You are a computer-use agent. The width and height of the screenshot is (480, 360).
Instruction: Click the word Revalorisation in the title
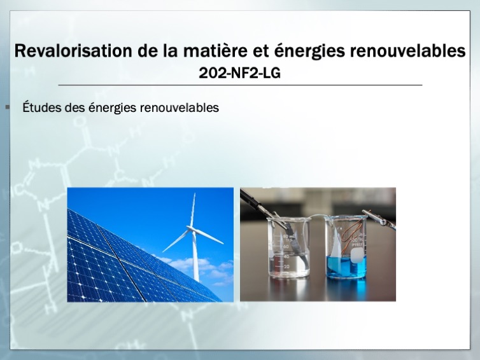[74, 50]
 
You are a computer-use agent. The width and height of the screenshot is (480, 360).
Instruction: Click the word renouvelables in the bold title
[408, 50]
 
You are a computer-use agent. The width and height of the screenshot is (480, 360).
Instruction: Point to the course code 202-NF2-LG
[240, 73]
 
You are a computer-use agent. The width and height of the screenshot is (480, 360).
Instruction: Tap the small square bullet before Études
[8, 107]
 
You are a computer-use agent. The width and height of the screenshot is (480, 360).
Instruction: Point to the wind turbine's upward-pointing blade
[193, 210]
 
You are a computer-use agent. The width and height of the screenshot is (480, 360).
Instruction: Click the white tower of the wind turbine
[195, 256]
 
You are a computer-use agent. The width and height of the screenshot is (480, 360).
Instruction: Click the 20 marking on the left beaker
[286, 267]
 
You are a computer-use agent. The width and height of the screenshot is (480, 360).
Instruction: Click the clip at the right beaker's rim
[379, 218]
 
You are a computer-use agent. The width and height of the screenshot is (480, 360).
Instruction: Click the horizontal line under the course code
[240, 85]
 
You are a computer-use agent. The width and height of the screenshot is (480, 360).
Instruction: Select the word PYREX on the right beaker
[357, 245]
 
